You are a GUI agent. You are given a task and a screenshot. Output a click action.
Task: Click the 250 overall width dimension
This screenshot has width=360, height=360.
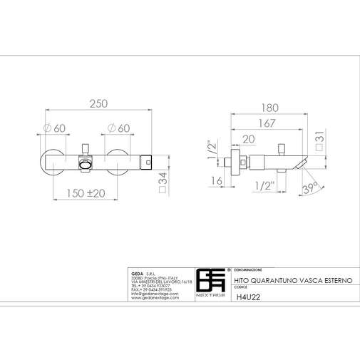[99, 103]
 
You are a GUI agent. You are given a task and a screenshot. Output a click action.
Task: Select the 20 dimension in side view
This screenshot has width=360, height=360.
[248, 139]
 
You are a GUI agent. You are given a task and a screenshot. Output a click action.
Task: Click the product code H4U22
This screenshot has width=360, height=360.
[245, 299]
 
